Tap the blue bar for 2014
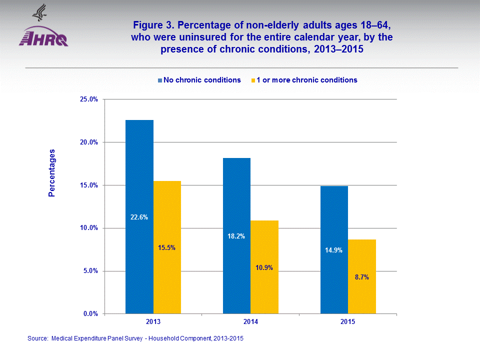[236, 200]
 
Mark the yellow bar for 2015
[362, 250]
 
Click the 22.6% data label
[139, 217]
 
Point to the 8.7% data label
[362, 277]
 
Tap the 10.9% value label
[264, 267]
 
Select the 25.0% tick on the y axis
[88, 99]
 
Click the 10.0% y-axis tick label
[88, 228]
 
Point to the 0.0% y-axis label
[90, 314]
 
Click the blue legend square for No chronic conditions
[160, 80]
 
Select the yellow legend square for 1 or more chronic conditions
[253, 80]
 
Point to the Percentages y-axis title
[51, 172]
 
